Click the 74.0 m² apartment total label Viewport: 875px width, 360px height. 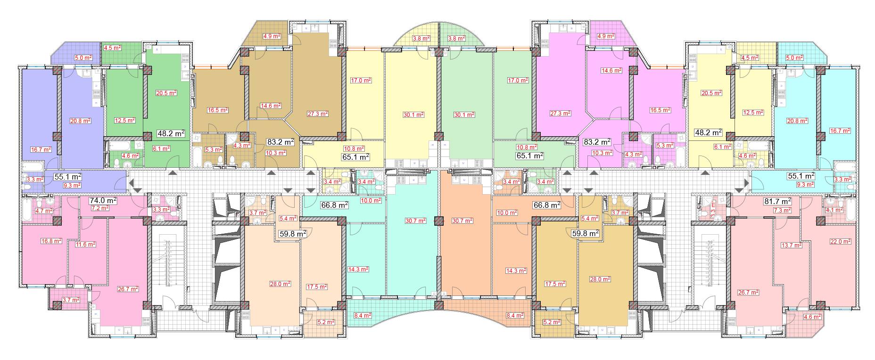point(103,200)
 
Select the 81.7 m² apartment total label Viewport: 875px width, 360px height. point(777,201)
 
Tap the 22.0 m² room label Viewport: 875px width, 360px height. point(840,242)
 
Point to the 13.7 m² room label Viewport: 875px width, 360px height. point(791,245)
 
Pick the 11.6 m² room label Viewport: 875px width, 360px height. point(85,245)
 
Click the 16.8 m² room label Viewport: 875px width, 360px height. point(51,241)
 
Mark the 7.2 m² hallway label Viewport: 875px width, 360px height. point(100,208)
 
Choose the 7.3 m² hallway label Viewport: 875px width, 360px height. point(782,211)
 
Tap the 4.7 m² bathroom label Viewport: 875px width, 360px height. point(44,211)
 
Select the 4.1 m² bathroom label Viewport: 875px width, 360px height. point(834,210)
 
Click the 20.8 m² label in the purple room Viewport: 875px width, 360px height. point(81,121)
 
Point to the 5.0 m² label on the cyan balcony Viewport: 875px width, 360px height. point(794,58)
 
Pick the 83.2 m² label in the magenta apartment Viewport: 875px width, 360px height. point(597,142)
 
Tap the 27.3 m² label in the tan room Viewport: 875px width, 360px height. point(318,114)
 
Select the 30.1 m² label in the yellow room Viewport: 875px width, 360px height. point(413,115)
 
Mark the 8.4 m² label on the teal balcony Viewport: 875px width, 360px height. point(363,316)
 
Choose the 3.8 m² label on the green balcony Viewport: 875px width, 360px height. point(456,39)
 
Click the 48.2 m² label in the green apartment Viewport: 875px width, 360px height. point(171,134)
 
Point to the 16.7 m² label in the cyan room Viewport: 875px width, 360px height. point(840,131)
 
